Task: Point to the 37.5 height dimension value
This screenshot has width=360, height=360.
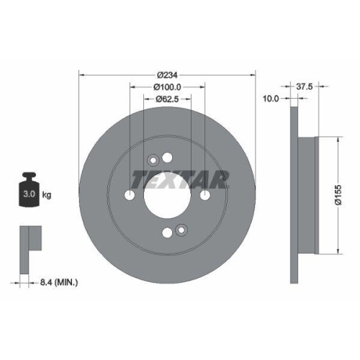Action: tap(305, 86)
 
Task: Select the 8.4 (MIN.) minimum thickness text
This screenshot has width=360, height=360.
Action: tap(58, 282)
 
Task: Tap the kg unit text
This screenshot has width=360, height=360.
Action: tap(47, 195)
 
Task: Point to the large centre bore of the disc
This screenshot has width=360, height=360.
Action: tap(167, 195)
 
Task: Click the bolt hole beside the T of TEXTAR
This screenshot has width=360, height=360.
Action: tap(130, 195)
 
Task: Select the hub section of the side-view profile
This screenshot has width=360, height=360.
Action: tap(308, 195)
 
